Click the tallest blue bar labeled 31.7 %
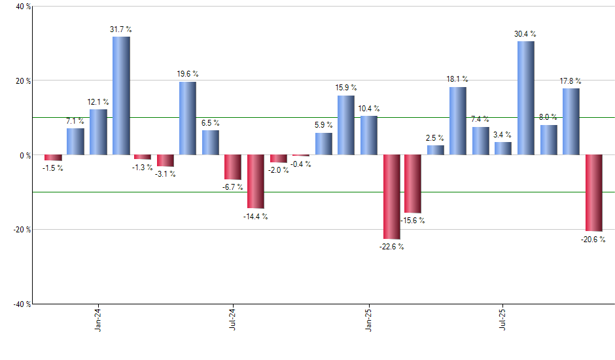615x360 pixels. [x=121, y=96]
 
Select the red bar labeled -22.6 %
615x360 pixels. [x=391, y=197]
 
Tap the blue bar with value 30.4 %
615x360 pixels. [x=526, y=98]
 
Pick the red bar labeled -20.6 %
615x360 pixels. [x=593, y=193]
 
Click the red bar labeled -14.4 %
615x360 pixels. [x=256, y=181]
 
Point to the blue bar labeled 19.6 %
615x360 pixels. [x=188, y=118]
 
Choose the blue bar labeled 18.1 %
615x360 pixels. [x=458, y=121]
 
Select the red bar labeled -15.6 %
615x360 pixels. [x=413, y=184]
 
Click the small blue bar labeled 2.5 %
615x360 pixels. [x=436, y=150]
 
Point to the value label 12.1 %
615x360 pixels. [x=99, y=101]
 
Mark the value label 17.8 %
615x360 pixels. [x=571, y=81]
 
